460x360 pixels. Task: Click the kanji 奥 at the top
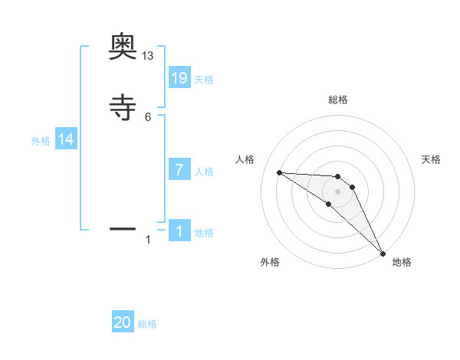(123, 47)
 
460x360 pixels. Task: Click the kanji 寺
(123, 108)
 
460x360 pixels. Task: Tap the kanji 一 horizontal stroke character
(123, 228)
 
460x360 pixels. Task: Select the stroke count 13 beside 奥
(148, 56)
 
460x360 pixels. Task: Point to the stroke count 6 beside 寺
(148, 117)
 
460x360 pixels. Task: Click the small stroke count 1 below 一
(148, 240)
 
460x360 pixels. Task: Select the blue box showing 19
(179, 77)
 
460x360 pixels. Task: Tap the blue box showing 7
(179, 170)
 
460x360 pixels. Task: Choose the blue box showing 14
(66, 139)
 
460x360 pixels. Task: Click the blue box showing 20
(123, 322)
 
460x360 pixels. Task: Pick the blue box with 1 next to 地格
(179, 231)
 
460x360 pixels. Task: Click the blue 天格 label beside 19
(204, 79)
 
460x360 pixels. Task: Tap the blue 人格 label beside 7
(204, 172)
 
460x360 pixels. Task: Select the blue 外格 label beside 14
(41, 141)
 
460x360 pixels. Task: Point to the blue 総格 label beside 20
(147, 324)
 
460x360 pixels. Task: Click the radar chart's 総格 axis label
(337, 100)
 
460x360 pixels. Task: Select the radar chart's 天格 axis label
(431, 159)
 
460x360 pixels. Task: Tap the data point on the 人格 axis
(280, 172)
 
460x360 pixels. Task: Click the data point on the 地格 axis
(383, 254)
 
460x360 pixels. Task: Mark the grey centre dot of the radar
(337, 191)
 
